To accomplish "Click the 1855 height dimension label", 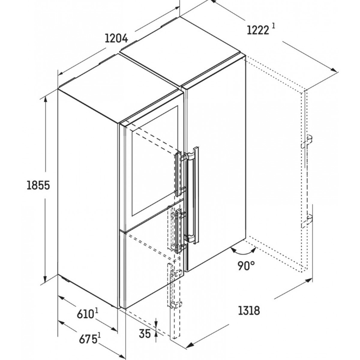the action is [38, 185].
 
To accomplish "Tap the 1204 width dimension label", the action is [116, 39].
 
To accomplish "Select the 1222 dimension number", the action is [258, 30].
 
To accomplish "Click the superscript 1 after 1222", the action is [273, 26].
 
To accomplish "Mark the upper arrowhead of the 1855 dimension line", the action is [45, 99].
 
